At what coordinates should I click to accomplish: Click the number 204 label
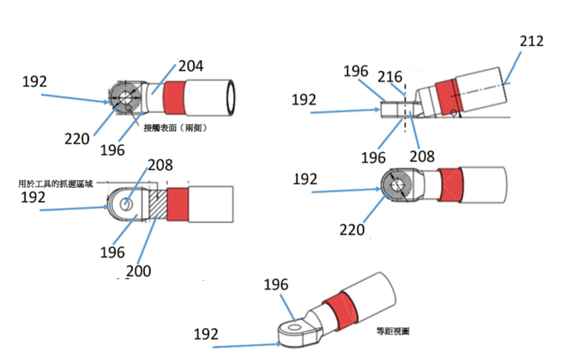190,66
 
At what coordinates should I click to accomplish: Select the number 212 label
531,41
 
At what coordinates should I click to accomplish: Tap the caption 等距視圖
393,331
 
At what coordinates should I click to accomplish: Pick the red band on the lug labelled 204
173,98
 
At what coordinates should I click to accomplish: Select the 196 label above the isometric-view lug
275,285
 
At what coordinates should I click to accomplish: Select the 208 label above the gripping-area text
160,165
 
